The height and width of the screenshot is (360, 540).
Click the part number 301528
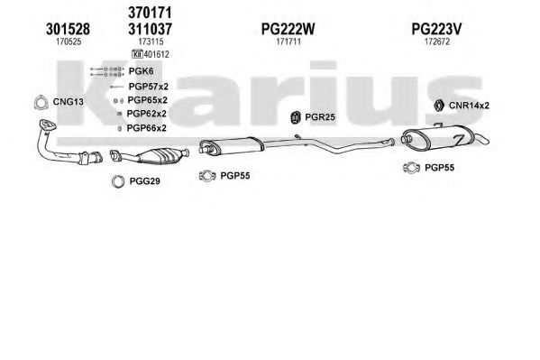pyautogui.click(x=68, y=29)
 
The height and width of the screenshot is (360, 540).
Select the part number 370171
pyautogui.click(x=150, y=14)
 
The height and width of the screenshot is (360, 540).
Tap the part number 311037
pyautogui.click(x=150, y=29)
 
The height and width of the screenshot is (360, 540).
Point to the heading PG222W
pyautogui.click(x=288, y=29)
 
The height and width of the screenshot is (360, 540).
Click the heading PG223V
pyautogui.click(x=436, y=29)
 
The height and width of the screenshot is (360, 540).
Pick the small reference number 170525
pyautogui.click(x=69, y=42)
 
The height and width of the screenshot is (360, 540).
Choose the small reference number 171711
pyautogui.click(x=288, y=42)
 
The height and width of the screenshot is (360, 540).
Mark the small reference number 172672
pyautogui.click(x=437, y=42)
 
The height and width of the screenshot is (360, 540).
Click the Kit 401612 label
pyautogui.click(x=151, y=54)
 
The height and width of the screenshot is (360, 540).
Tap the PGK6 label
pyautogui.click(x=141, y=71)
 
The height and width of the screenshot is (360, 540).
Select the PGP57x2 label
pyautogui.click(x=149, y=87)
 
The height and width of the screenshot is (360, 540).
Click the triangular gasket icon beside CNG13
pyautogui.click(x=41, y=102)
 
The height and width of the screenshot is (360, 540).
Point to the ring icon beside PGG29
pyautogui.click(x=118, y=181)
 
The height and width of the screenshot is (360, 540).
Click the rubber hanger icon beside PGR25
pyautogui.click(x=295, y=117)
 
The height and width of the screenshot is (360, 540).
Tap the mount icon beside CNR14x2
pyautogui.click(x=438, y=106)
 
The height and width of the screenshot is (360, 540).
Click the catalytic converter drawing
pyautogui.click(x=151, y=156)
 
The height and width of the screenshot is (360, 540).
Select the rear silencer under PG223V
pyautogui.click(x=444, y=137)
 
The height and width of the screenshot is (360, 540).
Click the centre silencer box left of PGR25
pyautogui.click(x=232, y=145)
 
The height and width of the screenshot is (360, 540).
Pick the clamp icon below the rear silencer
pyautogui.click(x=412, y=168)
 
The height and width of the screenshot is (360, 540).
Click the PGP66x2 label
pyautogui.click(x=147, y=128)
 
